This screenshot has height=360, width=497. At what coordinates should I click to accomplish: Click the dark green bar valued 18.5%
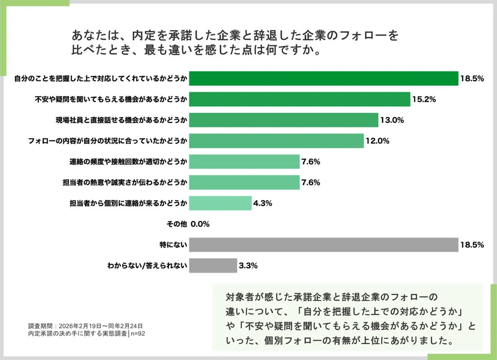(x=323, y=79)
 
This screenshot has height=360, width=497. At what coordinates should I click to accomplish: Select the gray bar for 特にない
(x=323, y=245)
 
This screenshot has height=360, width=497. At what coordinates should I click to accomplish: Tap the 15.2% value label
(x=424, y=99)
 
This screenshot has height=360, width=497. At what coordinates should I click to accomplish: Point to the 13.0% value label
(x=392, y=120)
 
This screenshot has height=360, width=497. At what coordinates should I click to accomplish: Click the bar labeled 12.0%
(x=276, y=141)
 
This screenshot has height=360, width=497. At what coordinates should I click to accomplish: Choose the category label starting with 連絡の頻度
(x=128, y=162)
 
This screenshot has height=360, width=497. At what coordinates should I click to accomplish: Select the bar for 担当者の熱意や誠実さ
(x=244, y=182)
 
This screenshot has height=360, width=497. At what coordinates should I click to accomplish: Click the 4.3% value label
(x=262, y=203)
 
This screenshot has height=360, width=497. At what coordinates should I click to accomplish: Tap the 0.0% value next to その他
(x=200, y=224)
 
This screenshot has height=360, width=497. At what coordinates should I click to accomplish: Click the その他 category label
(x=177, y=224)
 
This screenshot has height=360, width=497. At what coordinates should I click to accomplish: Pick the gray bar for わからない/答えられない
(x=213, y=265)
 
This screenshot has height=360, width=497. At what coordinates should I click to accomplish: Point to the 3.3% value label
(x=248, y=265)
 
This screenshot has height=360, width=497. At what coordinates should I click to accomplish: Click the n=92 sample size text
(x=138, y=334)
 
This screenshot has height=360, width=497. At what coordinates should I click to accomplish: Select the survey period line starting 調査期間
(x=85, y=326)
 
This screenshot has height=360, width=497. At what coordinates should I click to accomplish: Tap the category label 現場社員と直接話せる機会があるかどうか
(x=121, y=120)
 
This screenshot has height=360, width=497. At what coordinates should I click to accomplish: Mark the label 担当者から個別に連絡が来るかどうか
(x=128, y=203)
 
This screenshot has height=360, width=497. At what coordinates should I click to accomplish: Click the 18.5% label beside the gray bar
(x=472, y=245)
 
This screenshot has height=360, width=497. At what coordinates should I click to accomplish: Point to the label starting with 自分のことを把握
(x=101, y=79)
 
